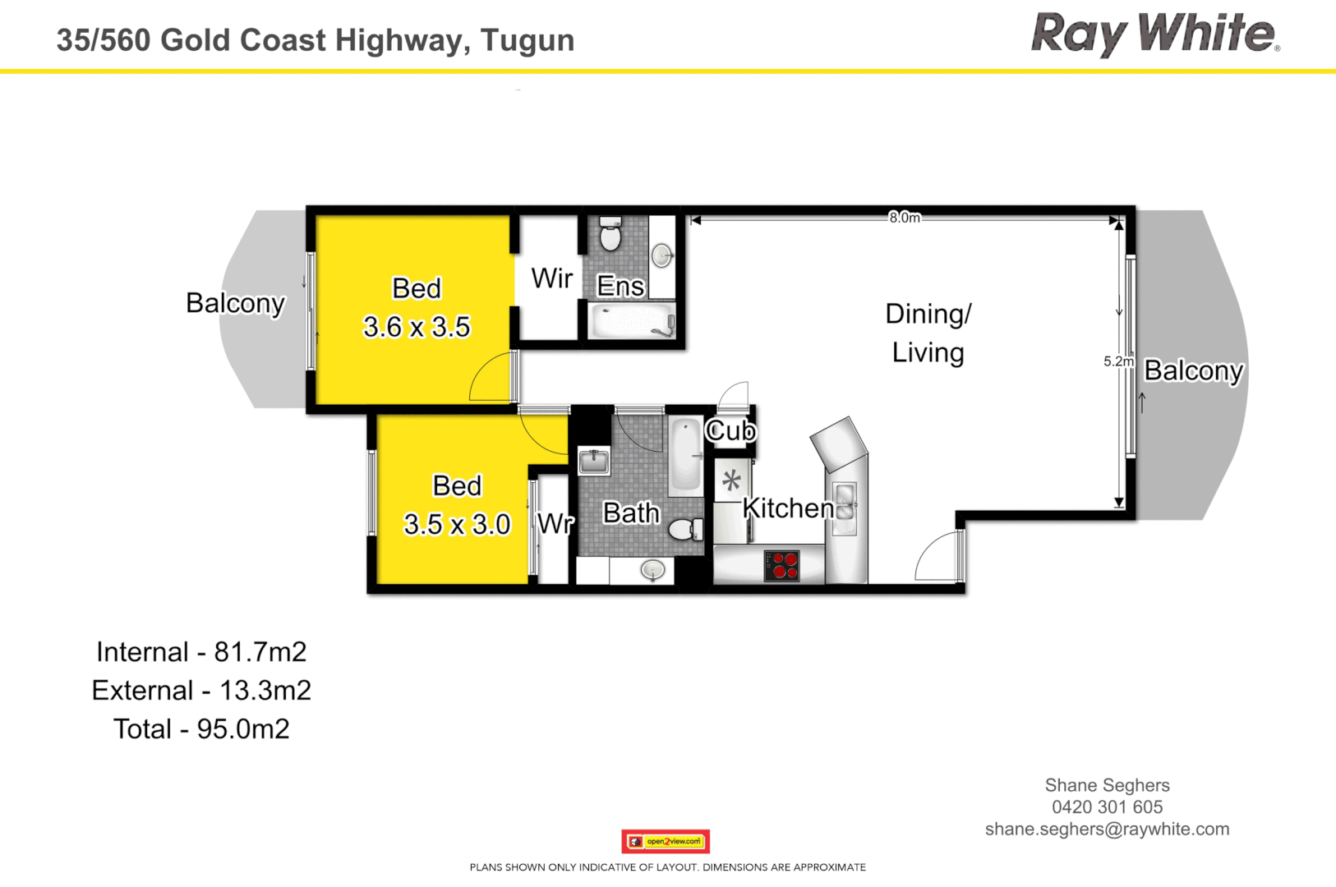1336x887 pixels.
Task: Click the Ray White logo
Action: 1154,34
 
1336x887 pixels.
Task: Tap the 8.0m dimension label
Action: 904,218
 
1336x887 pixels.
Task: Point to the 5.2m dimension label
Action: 1118,361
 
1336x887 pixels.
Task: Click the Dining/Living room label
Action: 928,333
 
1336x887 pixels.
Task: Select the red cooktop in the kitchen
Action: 781,565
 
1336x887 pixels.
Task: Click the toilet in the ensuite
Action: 610,236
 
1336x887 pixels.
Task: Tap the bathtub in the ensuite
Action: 632,321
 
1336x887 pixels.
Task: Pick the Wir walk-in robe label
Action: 551,278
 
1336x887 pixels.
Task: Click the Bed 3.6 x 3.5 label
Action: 417,308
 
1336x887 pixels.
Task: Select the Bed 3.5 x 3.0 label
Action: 457,505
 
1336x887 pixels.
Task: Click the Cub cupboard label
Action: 730,430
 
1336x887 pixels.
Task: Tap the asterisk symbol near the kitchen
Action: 731,480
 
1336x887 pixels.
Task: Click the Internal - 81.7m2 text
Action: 201,652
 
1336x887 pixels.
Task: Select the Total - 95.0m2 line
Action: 201,729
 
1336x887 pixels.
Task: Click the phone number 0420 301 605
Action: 1107,807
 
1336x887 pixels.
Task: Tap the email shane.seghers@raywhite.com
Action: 1107,830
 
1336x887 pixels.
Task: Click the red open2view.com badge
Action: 666,841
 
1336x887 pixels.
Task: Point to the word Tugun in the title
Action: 527,40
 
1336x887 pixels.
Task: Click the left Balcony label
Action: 235,303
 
